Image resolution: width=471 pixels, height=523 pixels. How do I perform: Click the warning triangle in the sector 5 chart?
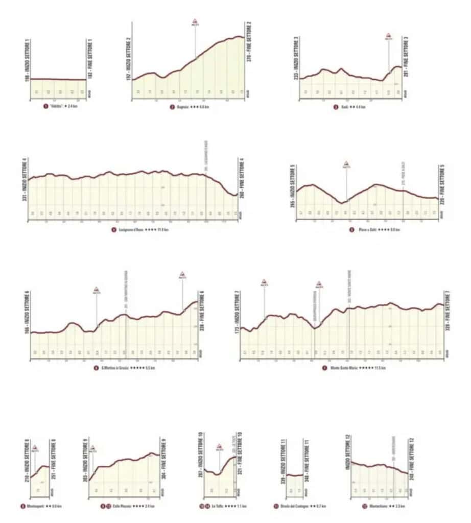click(346, 164)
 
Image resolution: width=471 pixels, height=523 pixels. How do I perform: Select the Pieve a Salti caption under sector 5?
click(374, 230)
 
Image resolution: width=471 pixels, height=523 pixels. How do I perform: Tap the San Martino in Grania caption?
click(116, 368)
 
